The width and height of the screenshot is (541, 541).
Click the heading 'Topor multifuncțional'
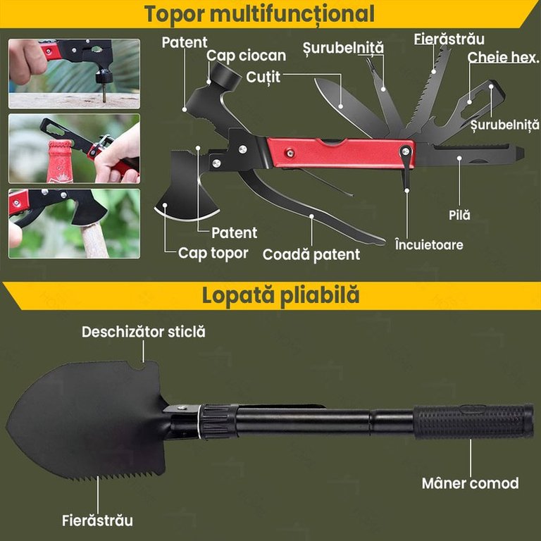pos(259,14)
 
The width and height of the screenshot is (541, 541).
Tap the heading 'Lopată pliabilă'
pos(280,296)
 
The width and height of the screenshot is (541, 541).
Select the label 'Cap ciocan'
pos(246,56)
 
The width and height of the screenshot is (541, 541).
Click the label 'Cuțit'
pos(263,77)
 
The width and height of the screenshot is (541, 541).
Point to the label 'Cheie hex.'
pos(503,57)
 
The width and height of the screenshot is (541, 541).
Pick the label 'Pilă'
pos(459,215)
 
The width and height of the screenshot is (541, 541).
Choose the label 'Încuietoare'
pos(429,244)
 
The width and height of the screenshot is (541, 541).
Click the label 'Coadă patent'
pos(311,254)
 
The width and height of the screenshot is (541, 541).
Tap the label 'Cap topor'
pos(213,254)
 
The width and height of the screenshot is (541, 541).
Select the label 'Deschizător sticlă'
pos(144,332)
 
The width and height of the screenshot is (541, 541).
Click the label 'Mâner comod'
pos(471,483)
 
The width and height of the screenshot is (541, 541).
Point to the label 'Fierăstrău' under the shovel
pos(98,521)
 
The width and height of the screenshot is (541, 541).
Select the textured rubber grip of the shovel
pos(473,421)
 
